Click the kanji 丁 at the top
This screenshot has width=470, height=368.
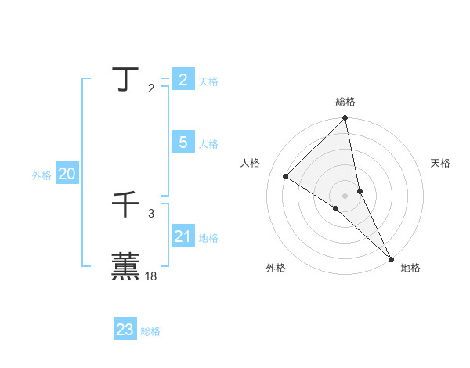[x=125, y=79]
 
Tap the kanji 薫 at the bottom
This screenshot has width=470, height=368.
[x=125, y=265]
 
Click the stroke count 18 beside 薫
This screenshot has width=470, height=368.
[x=151, y=276]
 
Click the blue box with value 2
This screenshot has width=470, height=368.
[x=183, y=79]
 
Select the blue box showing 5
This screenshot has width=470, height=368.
[x=183, y=143]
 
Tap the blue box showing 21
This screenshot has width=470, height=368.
[x=183, y=236]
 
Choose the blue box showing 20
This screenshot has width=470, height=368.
[x=67, y=174]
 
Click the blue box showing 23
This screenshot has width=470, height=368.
[x=125, y=330]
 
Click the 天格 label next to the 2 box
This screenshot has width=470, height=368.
[x=208, y=81]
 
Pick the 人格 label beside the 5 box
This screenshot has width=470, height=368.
[x=208, y=144]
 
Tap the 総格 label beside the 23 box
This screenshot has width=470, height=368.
[x=150, y=331]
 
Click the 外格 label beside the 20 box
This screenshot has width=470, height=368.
[x=42, y=175]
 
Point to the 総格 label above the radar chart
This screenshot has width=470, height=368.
[x=345, y=102]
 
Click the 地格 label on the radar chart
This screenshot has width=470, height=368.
[x=410, y=268]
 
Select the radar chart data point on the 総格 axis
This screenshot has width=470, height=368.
[x=345, y=118]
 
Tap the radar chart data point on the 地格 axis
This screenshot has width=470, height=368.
[x=390, y=258]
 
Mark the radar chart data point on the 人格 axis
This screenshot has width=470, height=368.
[x=286, y=176]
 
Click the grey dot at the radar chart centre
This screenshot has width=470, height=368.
[x=345, y=195]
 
